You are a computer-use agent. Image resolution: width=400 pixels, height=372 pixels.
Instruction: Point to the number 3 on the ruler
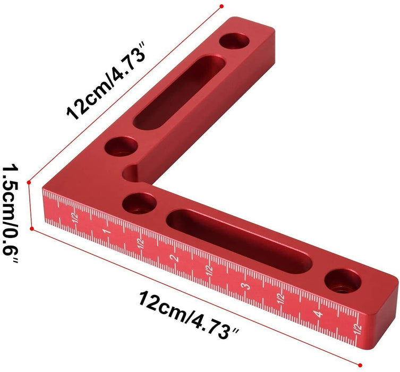coord(245,286)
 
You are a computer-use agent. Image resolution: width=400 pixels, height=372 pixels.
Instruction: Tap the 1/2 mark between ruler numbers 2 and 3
coord(209,270)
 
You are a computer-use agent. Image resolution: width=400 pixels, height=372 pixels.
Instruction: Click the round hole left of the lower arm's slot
coord(140,202)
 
